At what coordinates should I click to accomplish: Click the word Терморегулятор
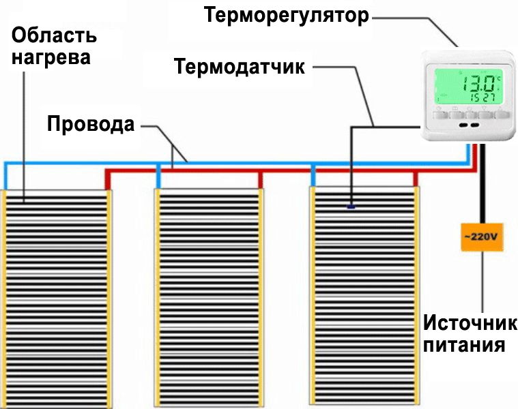286,16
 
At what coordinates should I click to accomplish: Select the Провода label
90,125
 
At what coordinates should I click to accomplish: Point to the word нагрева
49,57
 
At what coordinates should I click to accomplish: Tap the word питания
464,345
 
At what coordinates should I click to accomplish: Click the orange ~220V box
482,237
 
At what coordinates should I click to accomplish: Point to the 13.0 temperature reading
479,85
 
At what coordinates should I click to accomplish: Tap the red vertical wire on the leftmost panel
106,179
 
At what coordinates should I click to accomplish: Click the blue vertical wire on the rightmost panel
314,176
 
